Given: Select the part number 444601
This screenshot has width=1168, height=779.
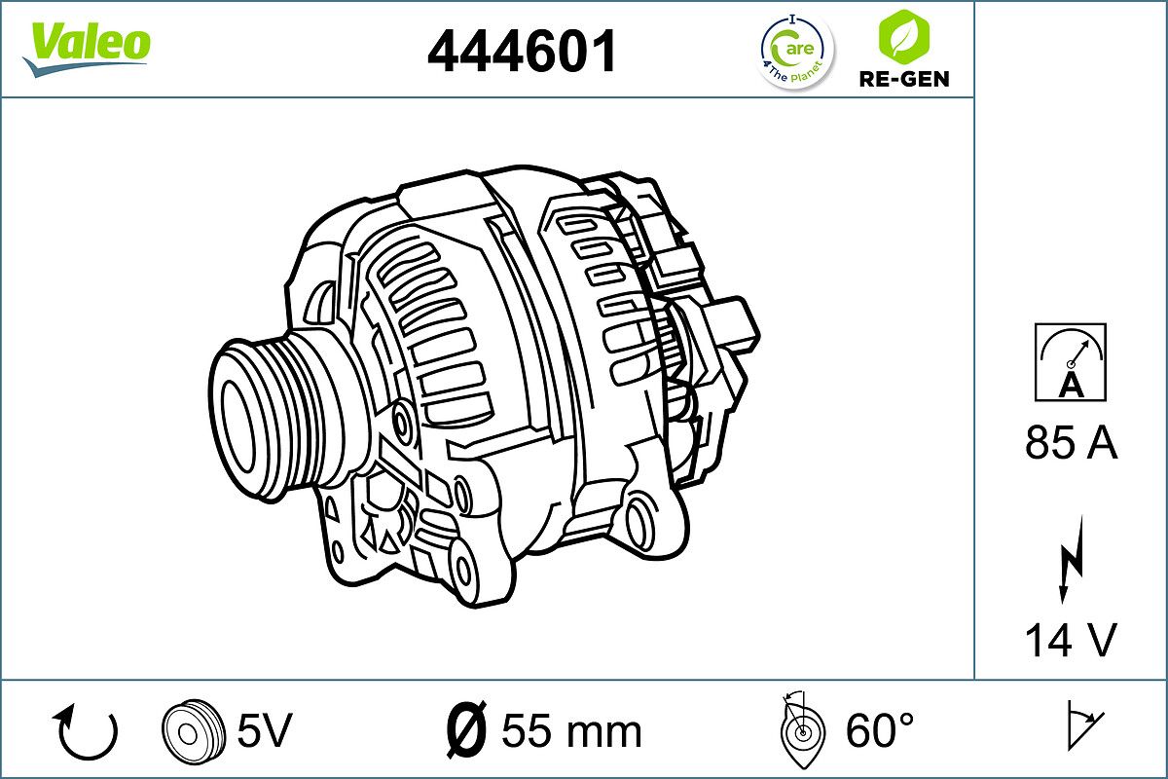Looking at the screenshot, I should pos(523,51).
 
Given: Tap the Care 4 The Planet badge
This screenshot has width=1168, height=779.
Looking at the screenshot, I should pos(795,51).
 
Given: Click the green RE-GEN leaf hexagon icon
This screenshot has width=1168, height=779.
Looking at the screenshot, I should pos(902,36).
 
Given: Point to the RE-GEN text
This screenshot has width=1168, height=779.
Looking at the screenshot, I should pos(902,79).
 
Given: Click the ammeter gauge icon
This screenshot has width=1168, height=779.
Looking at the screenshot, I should pos(1071,362).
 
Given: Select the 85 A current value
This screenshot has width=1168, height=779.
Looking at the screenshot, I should pos(1071,444).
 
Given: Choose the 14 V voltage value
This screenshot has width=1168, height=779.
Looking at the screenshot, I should pos(1071,640).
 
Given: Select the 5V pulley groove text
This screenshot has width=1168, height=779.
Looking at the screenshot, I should pos(264,729).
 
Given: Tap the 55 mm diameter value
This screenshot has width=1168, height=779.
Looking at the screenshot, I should pos(571,730).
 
